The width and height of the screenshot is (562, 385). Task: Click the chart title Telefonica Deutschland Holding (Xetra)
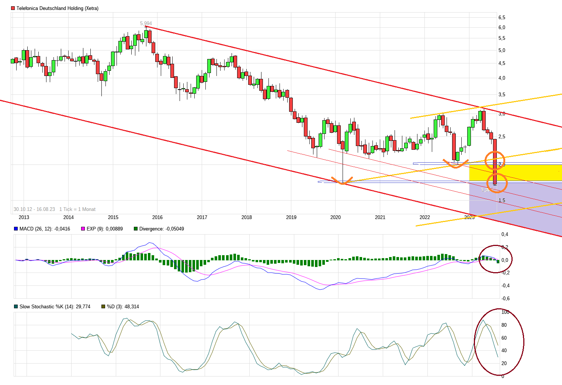click(57, 8)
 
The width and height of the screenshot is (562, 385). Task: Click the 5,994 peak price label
click(146, 23)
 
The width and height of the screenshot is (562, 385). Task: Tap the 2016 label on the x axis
click(157, 217)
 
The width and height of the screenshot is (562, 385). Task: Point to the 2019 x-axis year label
click(291, 217)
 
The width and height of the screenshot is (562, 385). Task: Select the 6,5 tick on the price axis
click(502, 17)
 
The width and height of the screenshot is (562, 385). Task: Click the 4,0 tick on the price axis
click(502, 78)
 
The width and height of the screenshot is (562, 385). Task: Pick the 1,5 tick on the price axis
click(502, 200)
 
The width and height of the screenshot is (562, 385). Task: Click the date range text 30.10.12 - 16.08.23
click(34, 209)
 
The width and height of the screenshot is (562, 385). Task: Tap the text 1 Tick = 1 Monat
click(77, 209)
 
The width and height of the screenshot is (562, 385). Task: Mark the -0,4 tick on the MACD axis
click(505, 285)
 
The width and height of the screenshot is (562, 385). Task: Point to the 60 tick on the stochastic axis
click(504, 338)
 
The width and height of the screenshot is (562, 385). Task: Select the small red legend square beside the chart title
click(13, 8)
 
